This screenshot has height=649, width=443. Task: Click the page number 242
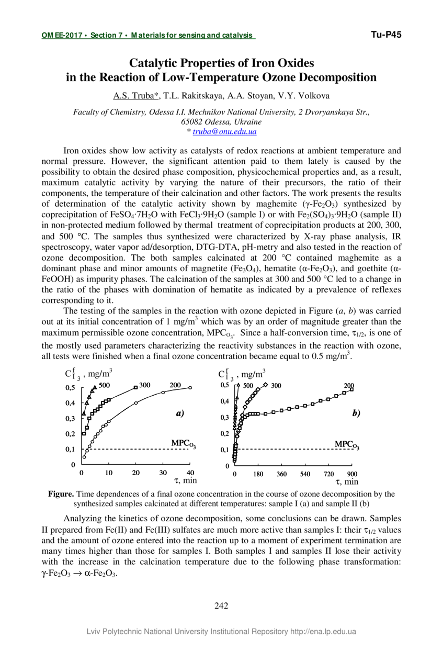click(x=221, y=606)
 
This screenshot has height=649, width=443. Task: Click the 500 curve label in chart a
click(x=104, y=386)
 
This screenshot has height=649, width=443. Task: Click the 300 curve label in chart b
click(x=276, y=385)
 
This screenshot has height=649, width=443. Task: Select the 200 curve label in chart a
click(x=175, y=385)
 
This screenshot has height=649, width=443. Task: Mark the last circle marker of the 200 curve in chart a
click(x=190, y=388)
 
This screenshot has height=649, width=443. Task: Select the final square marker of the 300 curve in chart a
click(x=135, y=387)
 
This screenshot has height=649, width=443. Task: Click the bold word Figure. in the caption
click(x=62, y=494)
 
